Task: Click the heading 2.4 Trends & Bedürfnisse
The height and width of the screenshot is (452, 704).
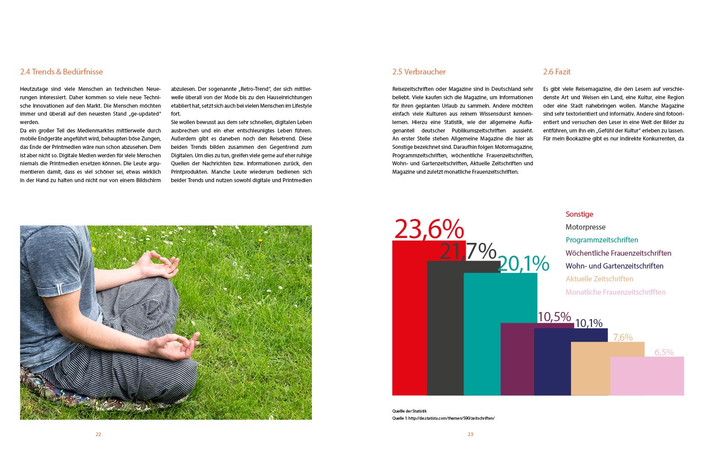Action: click(61, 72)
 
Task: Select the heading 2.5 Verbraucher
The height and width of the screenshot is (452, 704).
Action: click(419, 72)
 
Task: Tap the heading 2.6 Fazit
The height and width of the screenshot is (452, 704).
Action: click(557, 72)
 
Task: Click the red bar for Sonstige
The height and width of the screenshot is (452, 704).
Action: click(409, 319)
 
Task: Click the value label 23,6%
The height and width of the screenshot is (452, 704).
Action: click(429, 229)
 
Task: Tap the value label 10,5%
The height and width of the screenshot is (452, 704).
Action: click(554, 317)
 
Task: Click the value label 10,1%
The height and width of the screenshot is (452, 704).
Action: click(589, 323)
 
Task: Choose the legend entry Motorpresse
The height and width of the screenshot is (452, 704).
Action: click(585, 227)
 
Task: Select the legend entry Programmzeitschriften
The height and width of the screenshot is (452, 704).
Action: click(602, 240)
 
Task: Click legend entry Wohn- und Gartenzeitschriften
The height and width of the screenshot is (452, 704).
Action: click(614, 266)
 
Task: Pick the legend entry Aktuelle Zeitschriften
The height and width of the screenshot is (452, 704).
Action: click(599, 279)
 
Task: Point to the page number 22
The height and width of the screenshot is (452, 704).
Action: click(98, 434)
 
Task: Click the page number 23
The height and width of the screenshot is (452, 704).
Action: click(470, 434)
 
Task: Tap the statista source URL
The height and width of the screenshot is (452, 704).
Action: click(451, 418)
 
